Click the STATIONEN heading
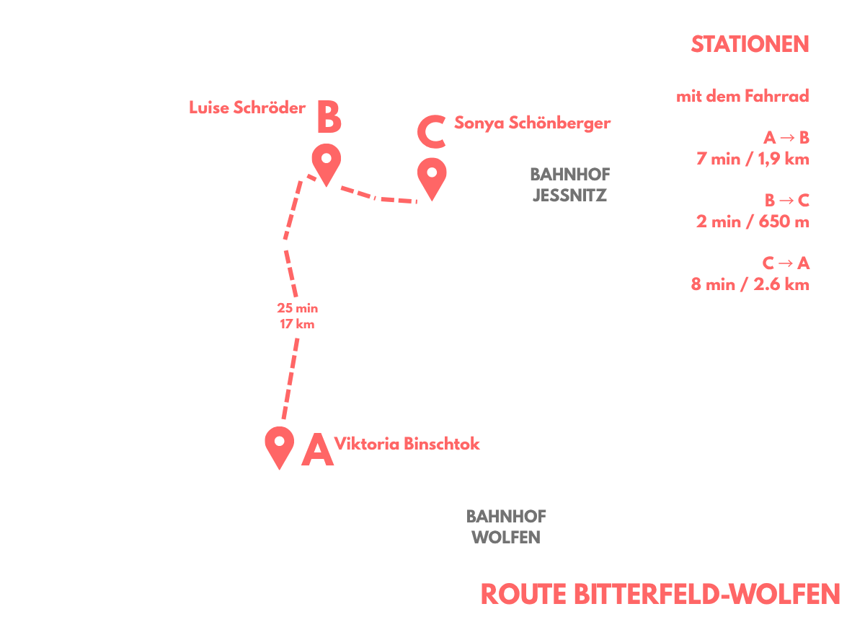click(750, 44)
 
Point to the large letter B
click(329, 117)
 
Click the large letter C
click(432, 132)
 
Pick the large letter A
click(317, 450)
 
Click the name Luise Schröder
click(247, 108)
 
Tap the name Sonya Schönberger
click(533, 123)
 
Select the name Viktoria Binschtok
click(407, 444)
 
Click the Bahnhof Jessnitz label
click(570, 185)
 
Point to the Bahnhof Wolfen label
click(506, 527)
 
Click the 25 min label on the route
click(297, 308)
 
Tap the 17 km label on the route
click(297, 324)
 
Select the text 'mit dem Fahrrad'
click(742, 96)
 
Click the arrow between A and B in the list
click(787, 138)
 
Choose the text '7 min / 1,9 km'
click(753, 159)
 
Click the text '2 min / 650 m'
click(753, 222)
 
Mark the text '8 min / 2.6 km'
click(750, 284)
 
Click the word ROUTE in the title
click(523, 594)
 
